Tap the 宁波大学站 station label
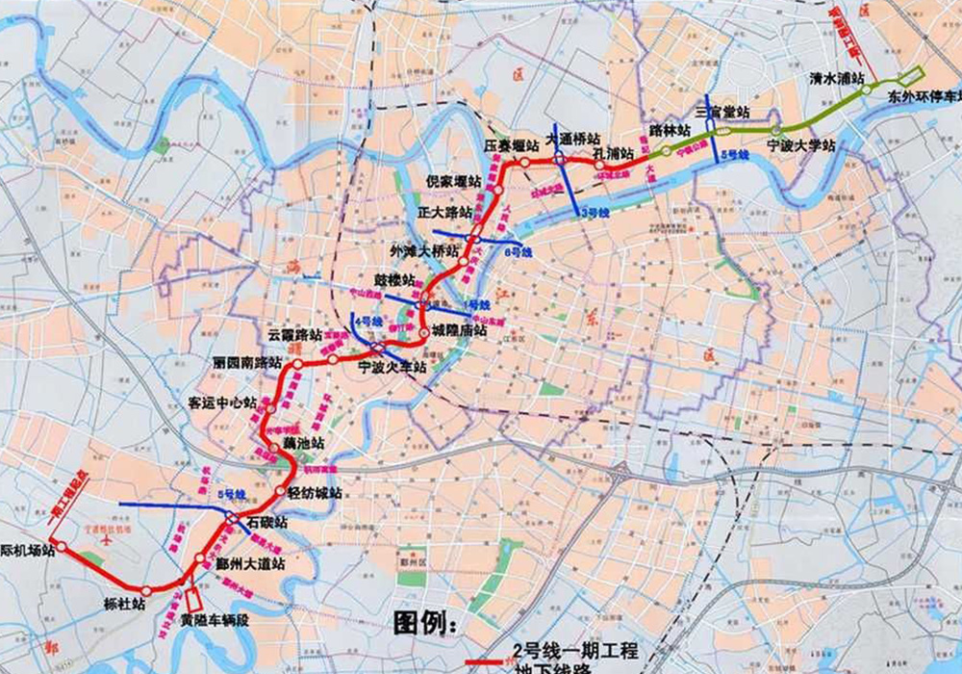click(x=801, y=145)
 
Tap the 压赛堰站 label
click(x=508, y=145)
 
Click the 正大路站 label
click(x=444, y=212)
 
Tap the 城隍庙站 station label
click(x=459, y=329)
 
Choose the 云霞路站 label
click(x=294, y=334)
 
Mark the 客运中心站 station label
click(x=223, y=403)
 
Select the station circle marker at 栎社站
click(x=145, y=590)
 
